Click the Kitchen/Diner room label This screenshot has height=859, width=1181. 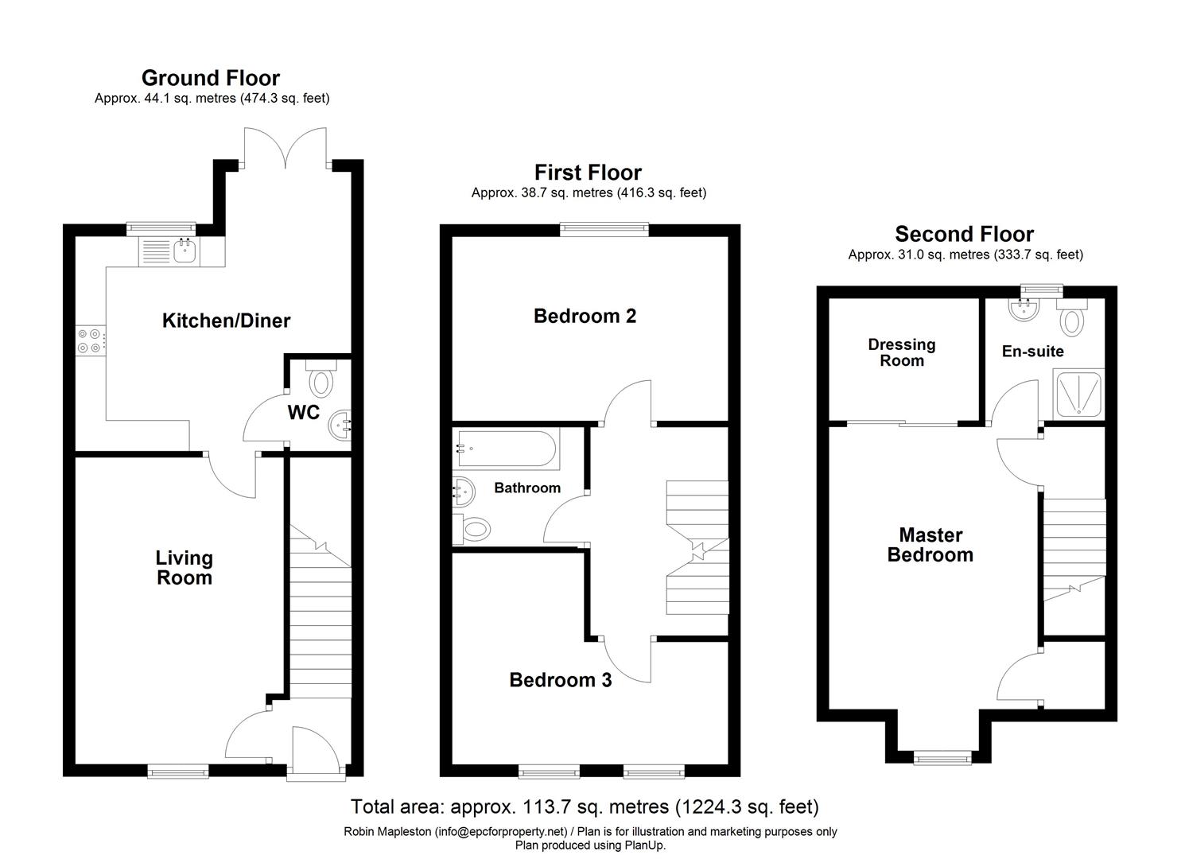(226, 321)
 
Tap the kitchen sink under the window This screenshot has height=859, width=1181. (185, 251)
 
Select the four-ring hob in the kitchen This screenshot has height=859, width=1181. (88, 341)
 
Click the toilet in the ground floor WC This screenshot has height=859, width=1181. (321, 380)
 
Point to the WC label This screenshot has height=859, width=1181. (303, 412)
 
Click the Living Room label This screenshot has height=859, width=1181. (184, 568)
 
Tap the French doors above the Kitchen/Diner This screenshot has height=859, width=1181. (286, 148)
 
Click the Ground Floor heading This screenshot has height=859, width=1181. (211, 78)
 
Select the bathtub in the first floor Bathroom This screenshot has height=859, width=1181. (505, 449)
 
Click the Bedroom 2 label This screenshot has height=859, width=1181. (585, 316)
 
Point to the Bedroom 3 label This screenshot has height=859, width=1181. (561, 680)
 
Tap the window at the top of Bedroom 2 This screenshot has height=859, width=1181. (604, 229)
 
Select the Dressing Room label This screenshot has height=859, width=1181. (901, 352)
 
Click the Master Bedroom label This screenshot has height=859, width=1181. (930, 545)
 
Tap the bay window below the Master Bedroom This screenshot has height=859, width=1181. (942, 757)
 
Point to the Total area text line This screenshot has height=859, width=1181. (585, 807)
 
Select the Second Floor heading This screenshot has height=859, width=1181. (964, 234)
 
